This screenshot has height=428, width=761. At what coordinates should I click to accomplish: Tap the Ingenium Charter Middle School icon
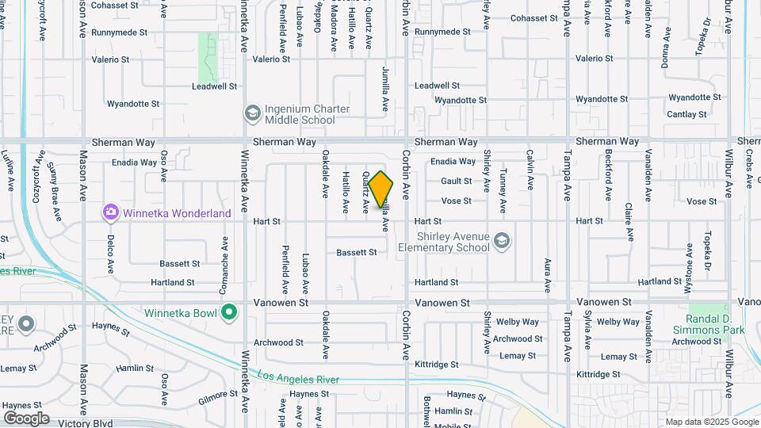coord(253,113)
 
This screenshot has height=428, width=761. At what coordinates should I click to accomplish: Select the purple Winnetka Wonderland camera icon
coord(110,212)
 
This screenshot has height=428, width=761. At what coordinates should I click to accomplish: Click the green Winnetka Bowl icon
coord(230,312)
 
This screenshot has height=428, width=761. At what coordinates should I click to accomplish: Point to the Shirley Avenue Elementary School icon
coord(501,240)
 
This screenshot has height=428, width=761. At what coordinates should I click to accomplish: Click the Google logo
coord(25,418)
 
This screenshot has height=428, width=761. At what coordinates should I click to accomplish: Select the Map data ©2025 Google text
coord(711,422)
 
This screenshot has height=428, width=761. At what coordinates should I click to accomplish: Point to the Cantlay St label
coord(686,115)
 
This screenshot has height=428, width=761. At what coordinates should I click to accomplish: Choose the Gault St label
coord(457,182)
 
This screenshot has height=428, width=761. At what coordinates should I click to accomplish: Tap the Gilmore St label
coord(218,393)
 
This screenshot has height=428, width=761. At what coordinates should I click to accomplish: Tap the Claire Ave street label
coord(628,222)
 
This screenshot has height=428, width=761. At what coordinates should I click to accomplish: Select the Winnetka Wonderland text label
coord(177,213)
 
